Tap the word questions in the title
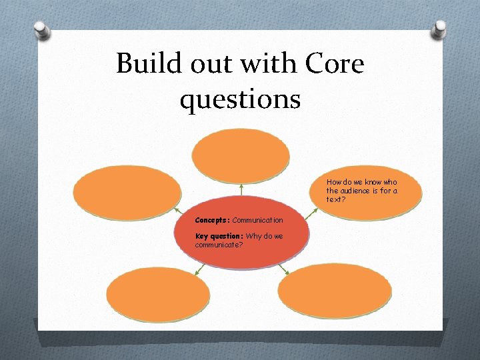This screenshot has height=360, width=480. [240, 100]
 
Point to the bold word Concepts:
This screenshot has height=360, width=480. [212, 220]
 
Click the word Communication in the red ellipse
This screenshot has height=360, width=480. [257, 220]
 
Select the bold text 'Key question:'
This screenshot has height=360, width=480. [219, 236]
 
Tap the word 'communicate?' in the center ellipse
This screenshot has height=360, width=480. [219, 245]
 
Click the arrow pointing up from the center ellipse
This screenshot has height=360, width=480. [241, 189]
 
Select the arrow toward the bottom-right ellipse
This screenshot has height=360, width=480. [283, 268]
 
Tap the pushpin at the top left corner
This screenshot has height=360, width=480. [42, 29]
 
